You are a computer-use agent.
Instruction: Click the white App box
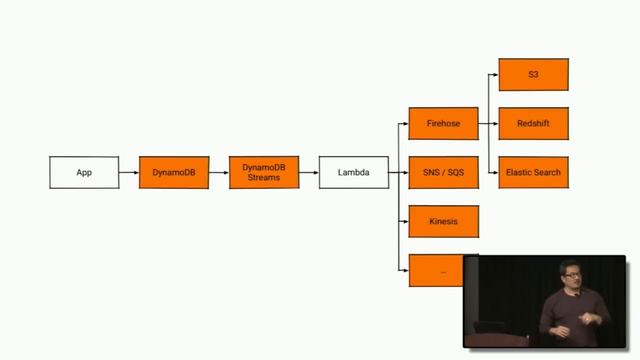pyautogui.click(x=84, y=172)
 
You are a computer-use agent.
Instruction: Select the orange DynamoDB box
pyautogui.click(x=174, y=172)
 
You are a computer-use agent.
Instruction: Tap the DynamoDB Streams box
pyautogui.click(x=264, y=172)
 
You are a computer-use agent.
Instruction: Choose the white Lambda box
pyautogui.click(x=354, y=172)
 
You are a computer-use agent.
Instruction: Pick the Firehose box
pyautogui.click(x=444, y=124)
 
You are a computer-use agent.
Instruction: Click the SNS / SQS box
pyautogui.click(x=444, y=172)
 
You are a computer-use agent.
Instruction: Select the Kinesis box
pyautogui.click(x=444, y=221)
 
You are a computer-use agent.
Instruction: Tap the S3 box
pyautogui.click(x=533, y=75)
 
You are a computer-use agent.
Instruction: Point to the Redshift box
pyautogui.click(x=533, y=124)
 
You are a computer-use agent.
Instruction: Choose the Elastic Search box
pyautogui.click(x=533, y=172)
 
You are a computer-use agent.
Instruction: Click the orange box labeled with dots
pyautogui.click(x=442, y=270)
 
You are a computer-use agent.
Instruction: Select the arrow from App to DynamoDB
pyautogui.click(x=129, y=172)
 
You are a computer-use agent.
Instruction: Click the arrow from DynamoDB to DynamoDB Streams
pyautogui.click(x=219, y=172)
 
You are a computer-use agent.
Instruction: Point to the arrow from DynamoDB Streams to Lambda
pyautogui.click(x=309, y=172)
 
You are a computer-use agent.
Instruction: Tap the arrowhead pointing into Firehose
pyautogui.click(x=405, y=124)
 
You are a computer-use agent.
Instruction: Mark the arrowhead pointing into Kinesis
pyautogui.click(x=405, y=221)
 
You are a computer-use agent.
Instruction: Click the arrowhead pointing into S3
pyautogui.click(x=495, y=75)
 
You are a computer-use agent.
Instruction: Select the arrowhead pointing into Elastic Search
pyautogui.click(x=495, y=172)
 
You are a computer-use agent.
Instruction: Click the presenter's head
pyautogui.click(x=569, y=275)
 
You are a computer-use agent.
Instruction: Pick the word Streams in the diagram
pyautogui.click(x=264, y=178)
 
